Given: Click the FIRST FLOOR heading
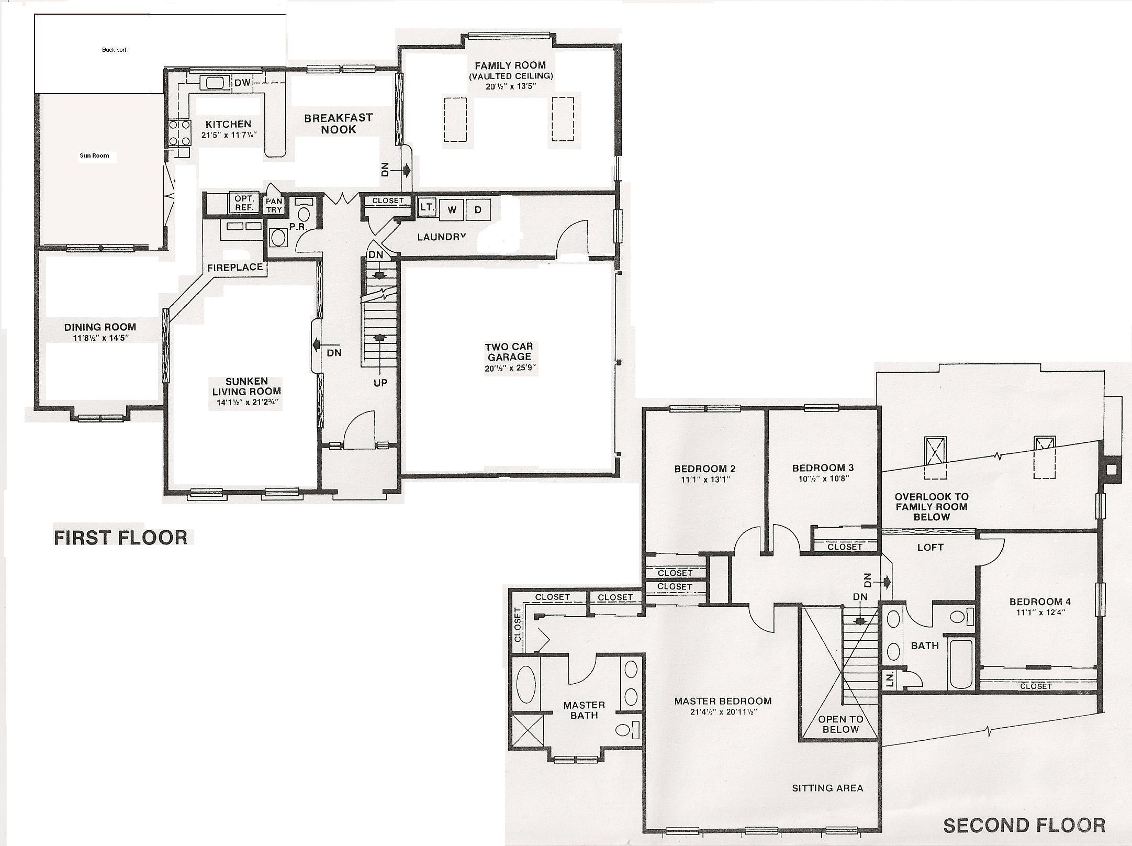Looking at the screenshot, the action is coord(121,538).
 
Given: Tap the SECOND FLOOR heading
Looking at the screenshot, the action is coord(1024,825).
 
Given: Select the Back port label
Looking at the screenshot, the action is coord(114,50).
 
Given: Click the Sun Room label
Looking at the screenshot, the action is coord(94,155).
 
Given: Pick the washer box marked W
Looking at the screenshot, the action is coord(452,210).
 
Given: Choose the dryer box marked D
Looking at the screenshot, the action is coord(478,210).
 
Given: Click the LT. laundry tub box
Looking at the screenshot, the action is coord(427,207).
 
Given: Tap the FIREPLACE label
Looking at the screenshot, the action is coord(235,268).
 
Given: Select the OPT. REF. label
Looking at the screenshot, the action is coord(244,203).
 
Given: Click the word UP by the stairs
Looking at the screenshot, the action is coord(380,383).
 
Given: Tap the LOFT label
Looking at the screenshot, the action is coord(931,548).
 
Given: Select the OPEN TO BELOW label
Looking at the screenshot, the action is coord(840,725).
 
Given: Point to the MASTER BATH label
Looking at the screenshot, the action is coord(584,710).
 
